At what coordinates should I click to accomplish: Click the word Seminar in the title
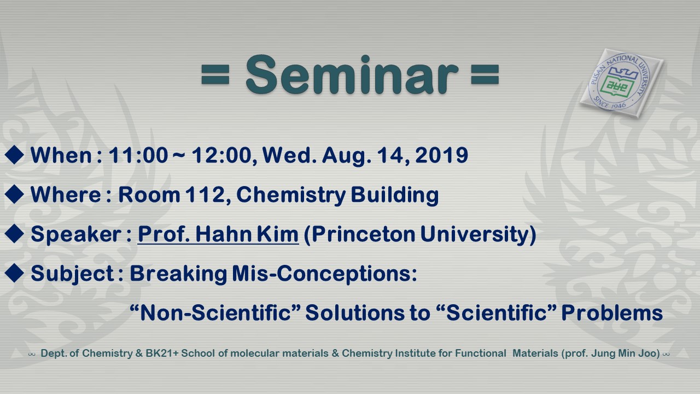[x=352, y=74]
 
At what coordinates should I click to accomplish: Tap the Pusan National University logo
[x=621, y=83]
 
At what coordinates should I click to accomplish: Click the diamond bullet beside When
[x=14, y=154]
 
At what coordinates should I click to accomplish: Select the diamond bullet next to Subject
[x=14, y=273]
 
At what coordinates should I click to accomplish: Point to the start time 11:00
[x=138, y=155]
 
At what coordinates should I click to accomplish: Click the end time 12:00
[x=221, y=155]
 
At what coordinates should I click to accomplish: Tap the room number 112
[x=205, y=194]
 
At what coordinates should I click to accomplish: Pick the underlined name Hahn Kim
[x=247, y=234]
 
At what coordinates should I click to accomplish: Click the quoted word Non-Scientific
[x=215, y=312]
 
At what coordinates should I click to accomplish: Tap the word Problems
[x=612, y=312]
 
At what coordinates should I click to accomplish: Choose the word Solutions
[x=355, y=312]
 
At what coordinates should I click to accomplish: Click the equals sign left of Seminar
[x=215, y=74]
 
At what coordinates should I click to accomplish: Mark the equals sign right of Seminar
[x=485, y=74]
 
